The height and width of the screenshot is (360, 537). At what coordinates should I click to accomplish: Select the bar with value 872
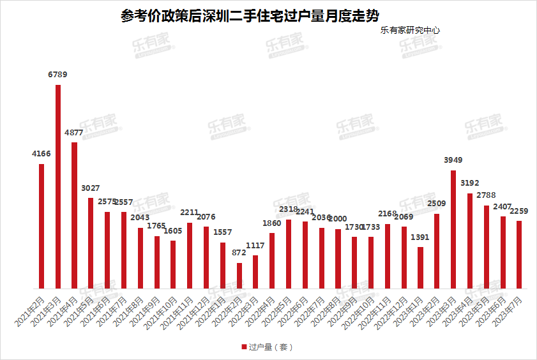tap(239, 276)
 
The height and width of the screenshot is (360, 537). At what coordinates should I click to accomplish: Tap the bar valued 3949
tap(453, 229)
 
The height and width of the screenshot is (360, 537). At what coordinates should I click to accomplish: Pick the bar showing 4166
tap(42, 226)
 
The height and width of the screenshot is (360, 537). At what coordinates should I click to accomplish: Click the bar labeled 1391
tap(420, 267)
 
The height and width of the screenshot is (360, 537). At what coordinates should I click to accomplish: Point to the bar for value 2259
tap(519, 255)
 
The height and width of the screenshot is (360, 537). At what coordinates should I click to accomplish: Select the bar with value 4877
tap(75, 215)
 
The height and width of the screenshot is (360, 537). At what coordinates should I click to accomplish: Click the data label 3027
tap(91, 188)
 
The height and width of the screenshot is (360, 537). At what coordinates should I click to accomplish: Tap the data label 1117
tap(255, 246)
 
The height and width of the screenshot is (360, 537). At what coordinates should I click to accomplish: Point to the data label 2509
tap(437, 204)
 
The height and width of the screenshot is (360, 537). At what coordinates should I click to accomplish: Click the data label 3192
tap(470, 183)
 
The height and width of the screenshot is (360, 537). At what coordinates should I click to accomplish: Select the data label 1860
tap(272, 223)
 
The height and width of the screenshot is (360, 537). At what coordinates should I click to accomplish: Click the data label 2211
tap(190, 213)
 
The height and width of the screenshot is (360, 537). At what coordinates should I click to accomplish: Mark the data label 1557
tap(223, 232)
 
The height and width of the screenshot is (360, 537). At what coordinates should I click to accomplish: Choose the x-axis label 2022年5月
tap(277, 312)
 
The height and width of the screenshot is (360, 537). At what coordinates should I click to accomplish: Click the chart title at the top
tap(253, 15)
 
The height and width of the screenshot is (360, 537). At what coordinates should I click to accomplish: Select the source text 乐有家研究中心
tap(410, 30)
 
